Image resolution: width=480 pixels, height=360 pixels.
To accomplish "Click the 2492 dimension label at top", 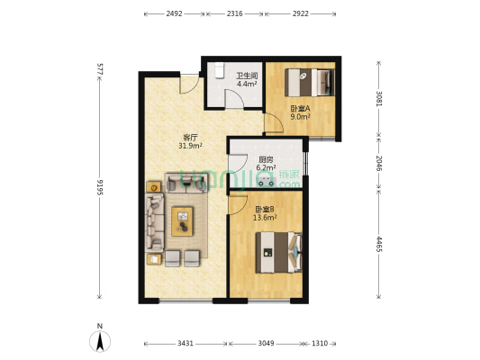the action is (x=174, y=13).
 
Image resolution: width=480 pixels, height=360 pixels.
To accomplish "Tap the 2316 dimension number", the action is (x=234, y=13).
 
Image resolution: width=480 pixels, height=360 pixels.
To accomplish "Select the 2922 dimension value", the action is (x=300, y=13).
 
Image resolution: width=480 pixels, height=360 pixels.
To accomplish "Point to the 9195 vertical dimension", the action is (x=100, y=187).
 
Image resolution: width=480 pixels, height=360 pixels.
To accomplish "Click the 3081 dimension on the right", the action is (x=379, y=99).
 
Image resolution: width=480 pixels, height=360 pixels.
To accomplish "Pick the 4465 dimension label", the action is (x=379, y=244).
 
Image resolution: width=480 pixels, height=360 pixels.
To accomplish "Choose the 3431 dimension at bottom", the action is (x=186, y=344).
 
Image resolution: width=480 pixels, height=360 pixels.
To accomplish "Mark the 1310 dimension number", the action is (x=320, y=344).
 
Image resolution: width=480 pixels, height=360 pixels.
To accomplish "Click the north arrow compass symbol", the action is (x=100, y=341).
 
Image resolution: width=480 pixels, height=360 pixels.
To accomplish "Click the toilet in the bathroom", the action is (x=219, y=71).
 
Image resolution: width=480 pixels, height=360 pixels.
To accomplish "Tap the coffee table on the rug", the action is (x=183, y=221).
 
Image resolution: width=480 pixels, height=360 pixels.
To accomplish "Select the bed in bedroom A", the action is (x=310, y=83).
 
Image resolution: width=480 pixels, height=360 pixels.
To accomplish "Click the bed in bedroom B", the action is (x=278, y=252).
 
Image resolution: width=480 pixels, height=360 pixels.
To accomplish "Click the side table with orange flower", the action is (x=154, y=187).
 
